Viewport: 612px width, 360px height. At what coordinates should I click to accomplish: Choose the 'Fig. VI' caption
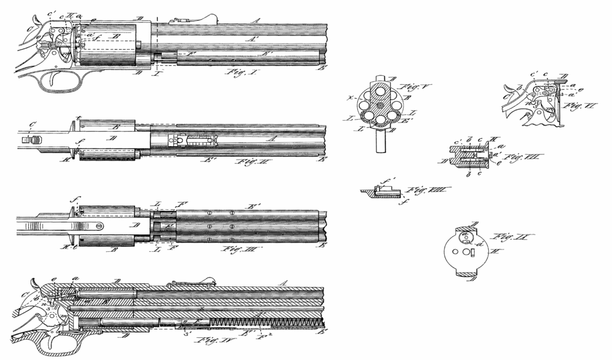(573, 110)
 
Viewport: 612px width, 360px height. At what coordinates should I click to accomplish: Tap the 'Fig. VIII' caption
(424, 190)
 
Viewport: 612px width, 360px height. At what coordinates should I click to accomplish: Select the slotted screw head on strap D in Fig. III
(98, 227)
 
